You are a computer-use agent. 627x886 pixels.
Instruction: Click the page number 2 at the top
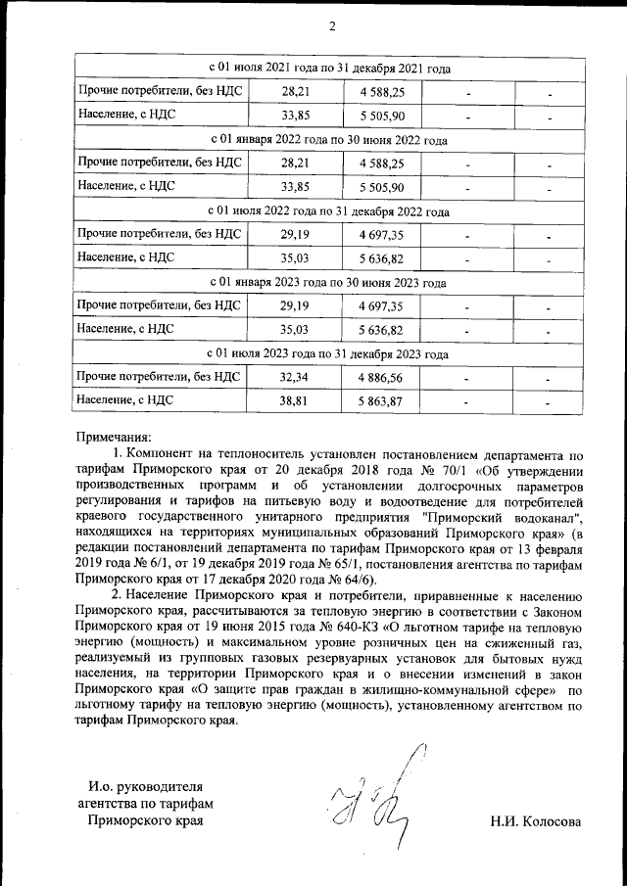tap(332, 26)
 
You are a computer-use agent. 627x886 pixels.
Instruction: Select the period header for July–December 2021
tap(331, 70)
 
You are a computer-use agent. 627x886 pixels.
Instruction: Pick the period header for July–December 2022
tap(331, 211)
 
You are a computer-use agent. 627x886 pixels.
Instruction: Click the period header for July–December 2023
tap(331, 354)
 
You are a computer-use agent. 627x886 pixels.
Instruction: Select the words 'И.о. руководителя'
tap(145, 786)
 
